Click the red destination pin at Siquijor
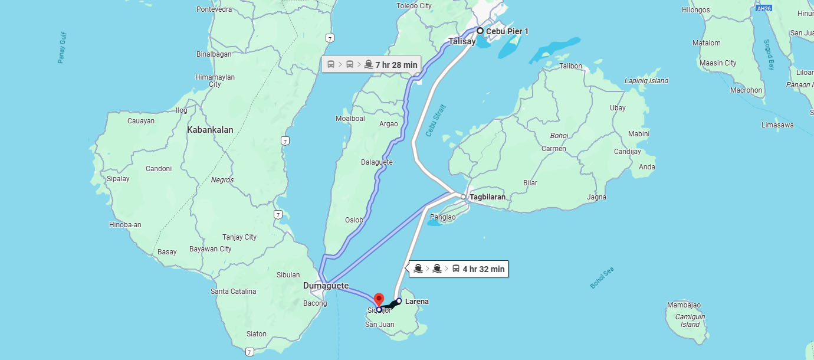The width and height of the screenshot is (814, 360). (x=379, y=299)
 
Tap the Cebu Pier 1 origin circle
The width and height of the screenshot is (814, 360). (x=480, y=31)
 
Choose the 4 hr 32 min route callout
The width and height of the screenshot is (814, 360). (x=459, y=269)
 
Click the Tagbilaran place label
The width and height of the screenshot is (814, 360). (x=487, y=197)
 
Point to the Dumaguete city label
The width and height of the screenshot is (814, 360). (x=326, y=286)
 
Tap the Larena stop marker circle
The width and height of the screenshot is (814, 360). (x=399, y=301)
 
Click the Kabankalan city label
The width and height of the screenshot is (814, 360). (x=210, y=130)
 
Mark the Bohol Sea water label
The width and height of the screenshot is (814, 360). (x=602, y=278)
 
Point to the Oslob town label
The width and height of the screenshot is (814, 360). (x=354, y=220)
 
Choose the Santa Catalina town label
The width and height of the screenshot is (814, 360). (x=234, y=292)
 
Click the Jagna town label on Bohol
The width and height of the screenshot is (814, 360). (x=596, y=197)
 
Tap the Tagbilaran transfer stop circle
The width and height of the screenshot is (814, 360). (x=464, y=197)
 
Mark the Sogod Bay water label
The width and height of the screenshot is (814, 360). (x=769, y=55)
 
